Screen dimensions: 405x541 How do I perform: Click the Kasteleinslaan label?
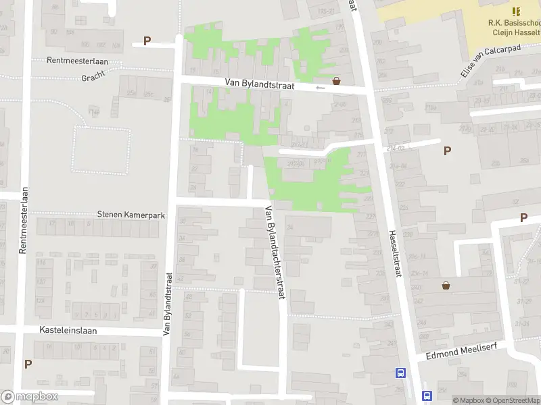[69, 331]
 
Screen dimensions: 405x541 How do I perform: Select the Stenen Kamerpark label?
[131, 215]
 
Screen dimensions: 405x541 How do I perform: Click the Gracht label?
[93, 78]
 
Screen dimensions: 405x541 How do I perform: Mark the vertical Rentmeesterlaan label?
[23, 220]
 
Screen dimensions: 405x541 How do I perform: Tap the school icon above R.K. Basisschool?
[517, 11]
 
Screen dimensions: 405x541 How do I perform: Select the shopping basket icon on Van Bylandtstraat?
[336, 80]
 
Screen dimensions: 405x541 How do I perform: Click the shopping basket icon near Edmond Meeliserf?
[446, 286]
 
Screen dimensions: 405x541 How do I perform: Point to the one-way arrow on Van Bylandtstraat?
[320, 87]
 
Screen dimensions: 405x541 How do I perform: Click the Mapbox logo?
[30, 397]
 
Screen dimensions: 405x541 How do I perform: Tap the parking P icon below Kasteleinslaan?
[28, 364]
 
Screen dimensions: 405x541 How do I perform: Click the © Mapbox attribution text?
[469, 400]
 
